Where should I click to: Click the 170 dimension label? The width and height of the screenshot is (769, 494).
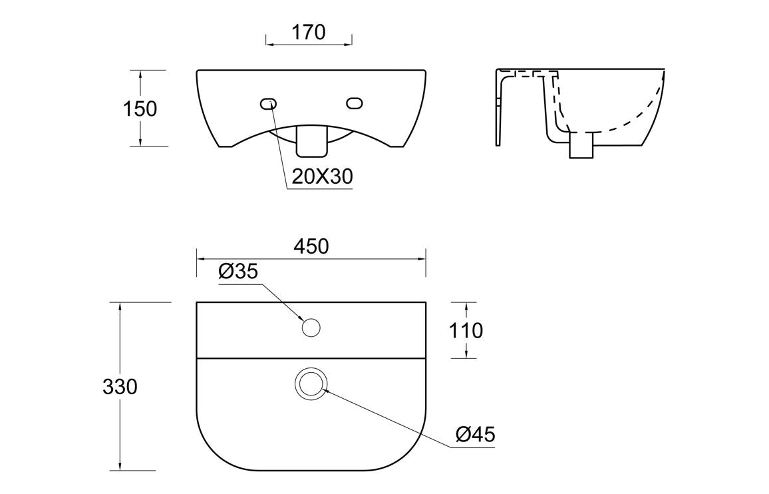click(308, 32)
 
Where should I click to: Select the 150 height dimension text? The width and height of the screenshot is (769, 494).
click(140, 109)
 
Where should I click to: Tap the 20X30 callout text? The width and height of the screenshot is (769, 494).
click(322, 176)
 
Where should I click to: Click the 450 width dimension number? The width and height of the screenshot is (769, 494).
click(311, 246)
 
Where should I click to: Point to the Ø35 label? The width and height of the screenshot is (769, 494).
click(237, 272)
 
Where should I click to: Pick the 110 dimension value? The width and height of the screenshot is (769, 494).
click(466, 330)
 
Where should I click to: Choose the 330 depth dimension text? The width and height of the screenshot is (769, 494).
click(120, 386)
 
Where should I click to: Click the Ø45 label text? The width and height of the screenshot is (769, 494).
click(476, 435)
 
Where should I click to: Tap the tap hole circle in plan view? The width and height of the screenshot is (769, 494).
click(311, 328)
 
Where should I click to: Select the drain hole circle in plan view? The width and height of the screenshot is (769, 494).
click(311, 384)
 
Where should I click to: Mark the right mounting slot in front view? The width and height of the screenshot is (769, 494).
click(354, 103)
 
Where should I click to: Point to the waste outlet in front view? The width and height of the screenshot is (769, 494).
click(311, 140)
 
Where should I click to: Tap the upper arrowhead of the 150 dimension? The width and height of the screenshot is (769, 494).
click(140, 74)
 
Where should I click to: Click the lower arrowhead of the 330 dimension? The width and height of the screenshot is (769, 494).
click(120, 466)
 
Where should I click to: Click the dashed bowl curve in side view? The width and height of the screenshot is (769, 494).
click(632, 120)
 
